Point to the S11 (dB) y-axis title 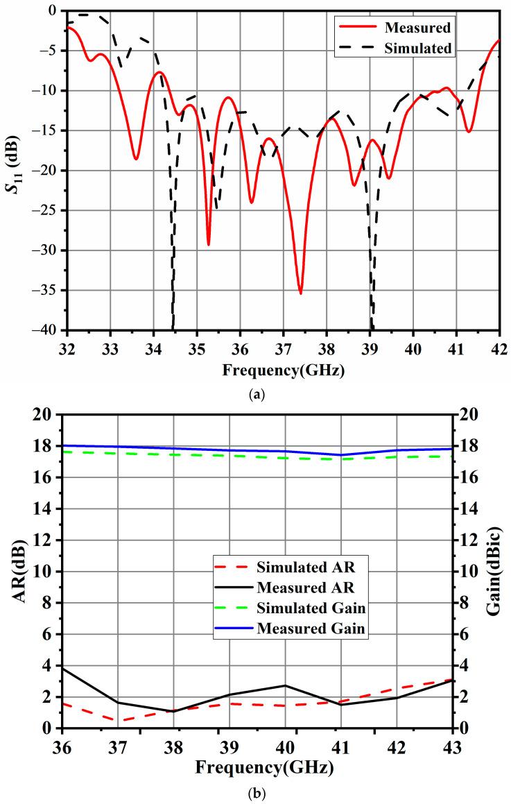pos(15,169)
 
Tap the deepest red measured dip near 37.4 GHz pos(300,293)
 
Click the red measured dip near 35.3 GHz pos(208,244)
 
